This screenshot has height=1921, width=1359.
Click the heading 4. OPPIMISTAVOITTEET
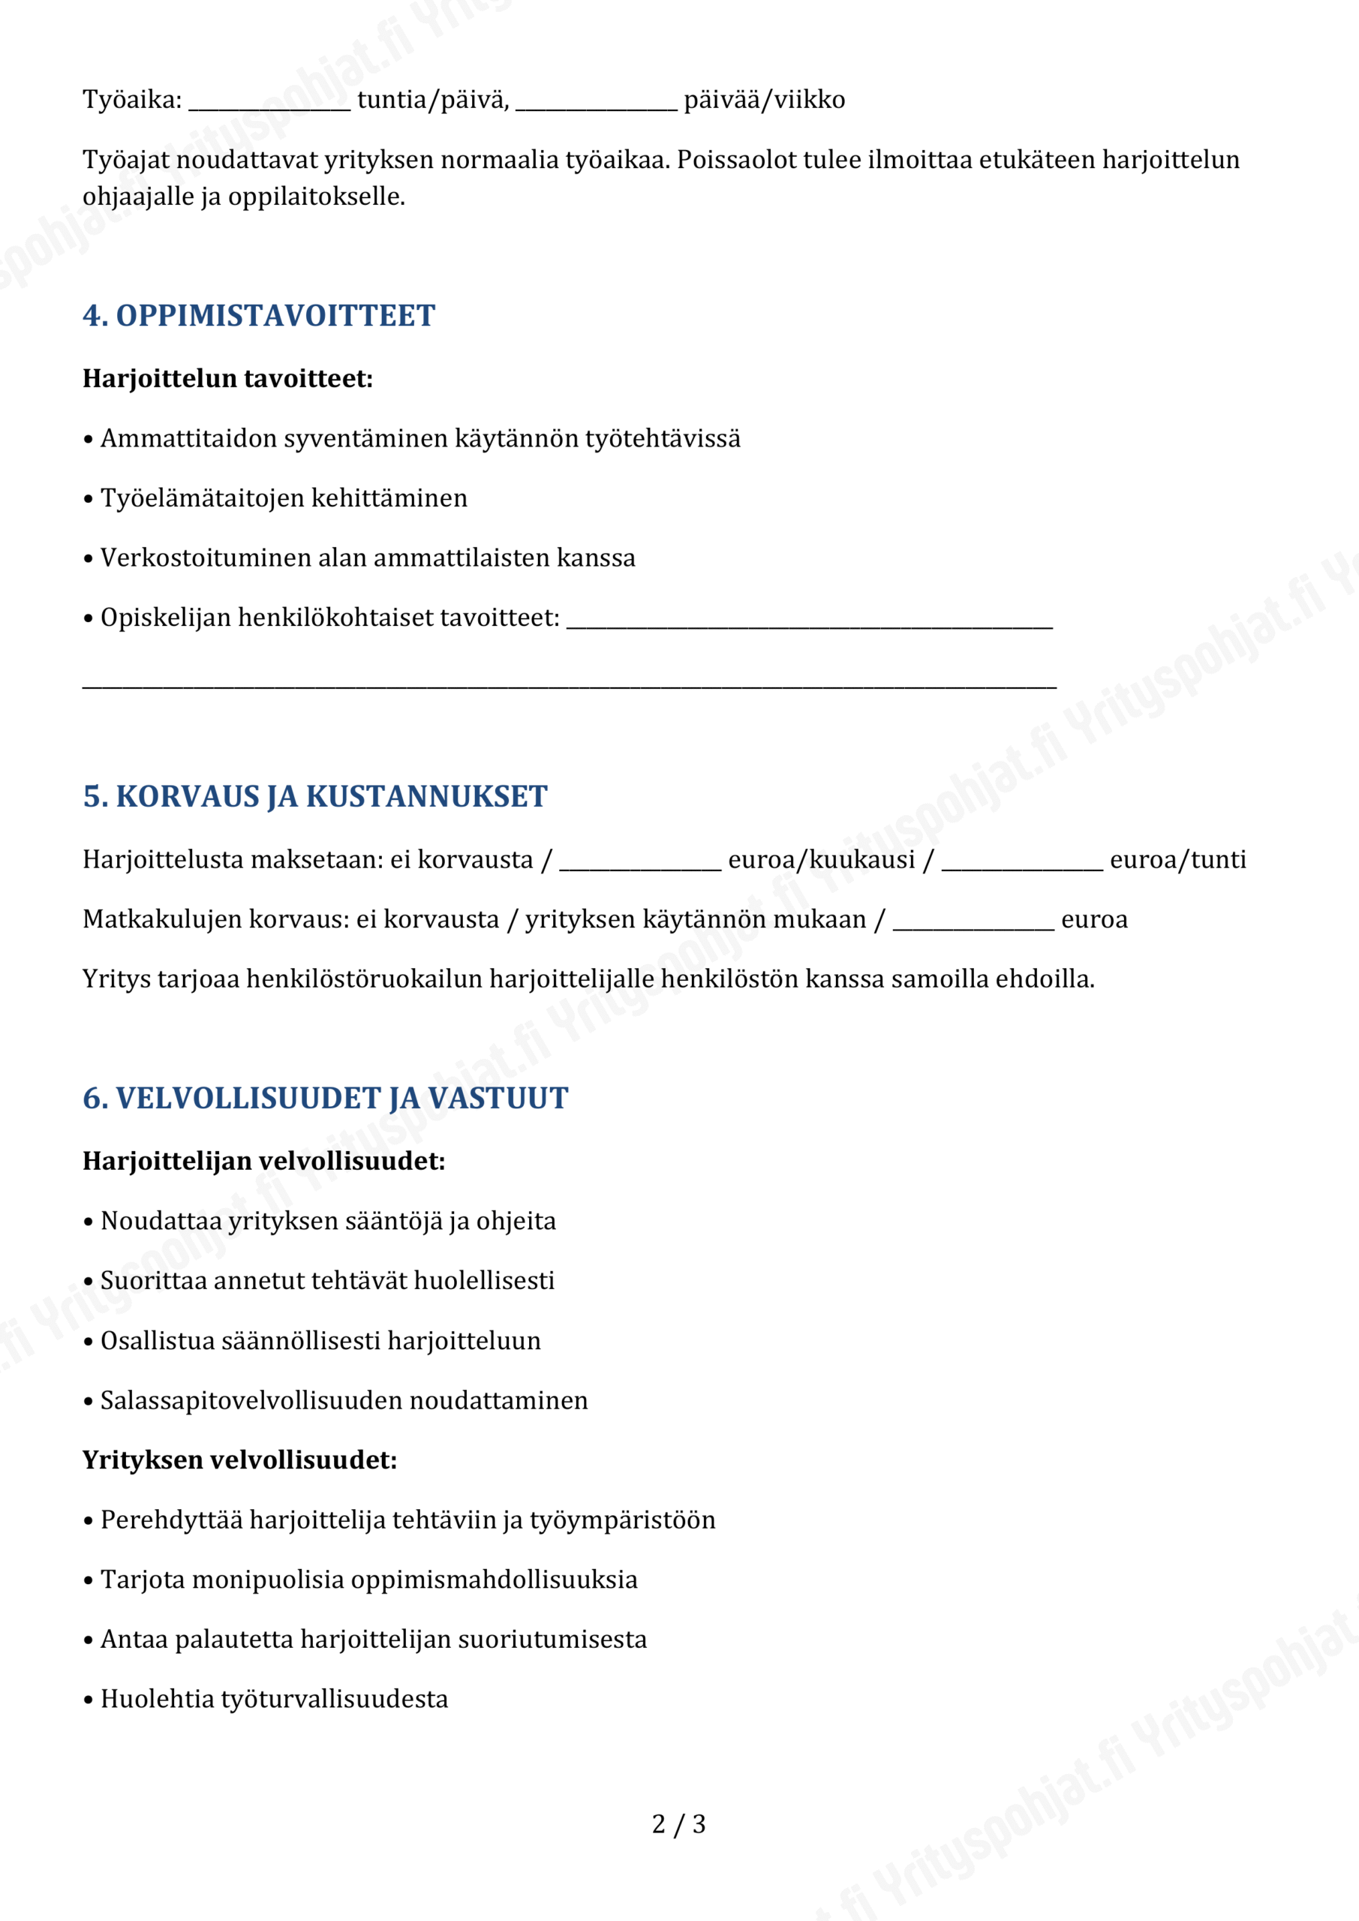click(259, 316)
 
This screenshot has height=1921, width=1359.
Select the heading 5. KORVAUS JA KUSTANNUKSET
click(314, 796)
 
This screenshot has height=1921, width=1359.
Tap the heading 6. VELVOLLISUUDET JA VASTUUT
click(325, 1099)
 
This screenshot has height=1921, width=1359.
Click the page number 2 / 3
click(678, 1824)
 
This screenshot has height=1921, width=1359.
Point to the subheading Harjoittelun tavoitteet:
click(227, 379)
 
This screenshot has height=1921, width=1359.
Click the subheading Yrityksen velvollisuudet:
click(239, 1460)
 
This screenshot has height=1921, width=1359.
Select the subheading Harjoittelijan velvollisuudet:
click(263, 1162)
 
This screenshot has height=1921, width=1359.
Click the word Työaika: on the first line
click(132, 101)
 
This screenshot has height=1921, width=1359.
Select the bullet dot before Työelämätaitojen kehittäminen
click(88, 500)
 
